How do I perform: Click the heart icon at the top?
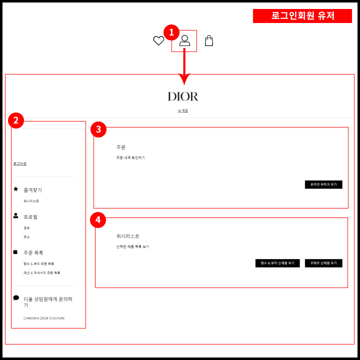(x=158, y=41)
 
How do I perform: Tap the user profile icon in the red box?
(x=184, y=41)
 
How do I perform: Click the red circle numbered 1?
(x=171, y=32)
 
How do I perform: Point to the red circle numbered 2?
(x=16, y=120)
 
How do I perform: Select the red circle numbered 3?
(x=98, y=129)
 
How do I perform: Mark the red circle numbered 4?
(x=98, y=219)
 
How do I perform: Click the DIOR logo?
(x=183, y=96)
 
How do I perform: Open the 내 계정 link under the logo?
(x=183, y=110)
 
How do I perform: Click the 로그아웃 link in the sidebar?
(x=20, y=163)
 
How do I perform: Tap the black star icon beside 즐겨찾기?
(x=16, y=189)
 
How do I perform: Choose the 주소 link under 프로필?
(x=26, y=236)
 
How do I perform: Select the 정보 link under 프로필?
(x=26, y=227)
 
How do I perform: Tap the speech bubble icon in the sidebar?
(x=16, y=297)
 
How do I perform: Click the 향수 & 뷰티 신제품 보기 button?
(x=277, y=263)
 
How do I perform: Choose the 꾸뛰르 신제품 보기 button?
(x=323, y=263)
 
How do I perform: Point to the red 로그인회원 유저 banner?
(x=303, y=16)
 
